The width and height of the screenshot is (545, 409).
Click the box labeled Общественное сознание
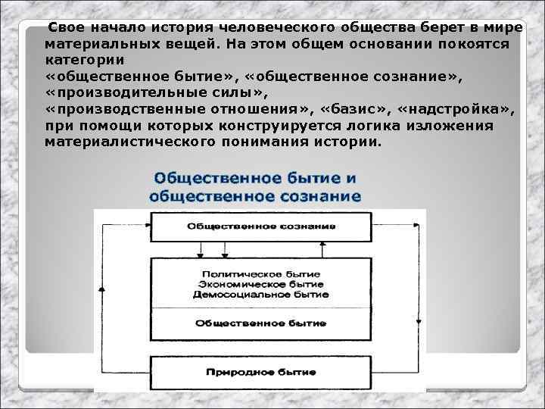[x=260, y=226]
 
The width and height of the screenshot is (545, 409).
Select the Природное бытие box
[x=260, y=373]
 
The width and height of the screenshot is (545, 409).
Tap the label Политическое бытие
[x=260, y=273]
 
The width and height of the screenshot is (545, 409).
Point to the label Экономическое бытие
[x=260, y=283]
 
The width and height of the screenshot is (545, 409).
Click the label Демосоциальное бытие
[x=260, y=293]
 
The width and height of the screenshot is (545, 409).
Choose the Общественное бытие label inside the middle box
[x=260, y=323]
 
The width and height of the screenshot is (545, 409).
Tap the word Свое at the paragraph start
[x=63, y=27]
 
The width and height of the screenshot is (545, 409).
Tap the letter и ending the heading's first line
[x=352, y=179]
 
